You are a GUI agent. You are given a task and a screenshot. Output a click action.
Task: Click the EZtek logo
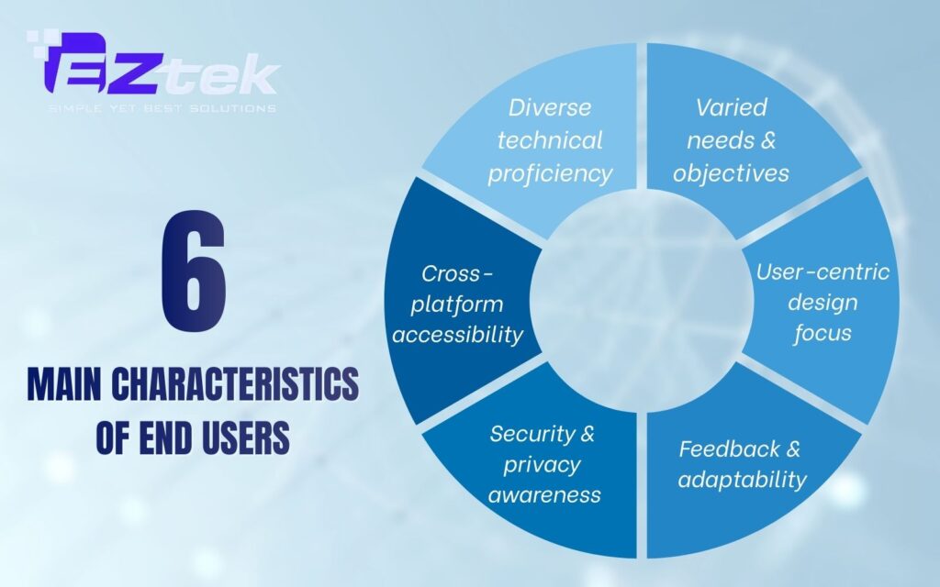(151, 70)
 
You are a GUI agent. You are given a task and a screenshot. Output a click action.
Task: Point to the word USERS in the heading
(241, 437)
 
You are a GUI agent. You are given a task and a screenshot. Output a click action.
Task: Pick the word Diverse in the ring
(550, 107)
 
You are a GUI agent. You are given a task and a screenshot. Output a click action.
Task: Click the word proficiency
(550, 173)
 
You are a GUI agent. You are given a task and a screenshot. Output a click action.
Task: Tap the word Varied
(732, 107)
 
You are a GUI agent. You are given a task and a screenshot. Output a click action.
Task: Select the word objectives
(732, 173)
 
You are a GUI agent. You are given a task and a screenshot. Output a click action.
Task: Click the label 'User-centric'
(822, 272)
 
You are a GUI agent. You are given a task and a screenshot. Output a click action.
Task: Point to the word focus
(822, 332)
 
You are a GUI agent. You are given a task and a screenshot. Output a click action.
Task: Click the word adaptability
(743, 479)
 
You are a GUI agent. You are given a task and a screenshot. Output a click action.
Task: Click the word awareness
(544, 495)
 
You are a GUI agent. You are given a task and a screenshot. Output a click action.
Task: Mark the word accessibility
(457, 334)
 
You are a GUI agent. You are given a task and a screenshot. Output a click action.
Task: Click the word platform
(457, 304)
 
